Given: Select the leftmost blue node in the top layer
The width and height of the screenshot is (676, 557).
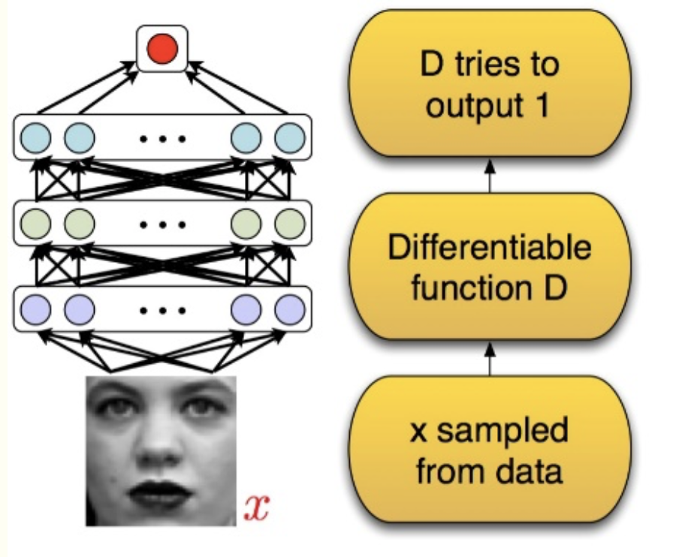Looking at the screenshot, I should pyautogui.click(x=38, y=137).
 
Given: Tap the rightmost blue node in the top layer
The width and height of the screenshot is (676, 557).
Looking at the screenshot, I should pyautogui.click(x=289, y=137).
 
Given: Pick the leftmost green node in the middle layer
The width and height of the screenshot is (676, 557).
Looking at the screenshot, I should pyautogui.click(x=38, y=223).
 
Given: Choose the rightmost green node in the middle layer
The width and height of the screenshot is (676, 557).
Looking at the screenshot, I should pyautogui.click(x=289, y=223).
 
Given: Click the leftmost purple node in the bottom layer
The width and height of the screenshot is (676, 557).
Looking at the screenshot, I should pyautogui.click(x=38, y=309).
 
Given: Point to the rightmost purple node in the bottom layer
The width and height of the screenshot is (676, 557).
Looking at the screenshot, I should pyautogui.click(x=289, y=309).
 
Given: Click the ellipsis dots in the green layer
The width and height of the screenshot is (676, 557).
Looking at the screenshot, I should pyautogui.click(x=162, y=224).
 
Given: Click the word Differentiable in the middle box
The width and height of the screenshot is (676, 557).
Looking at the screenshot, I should pyautogui.click(x=489, y=248).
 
